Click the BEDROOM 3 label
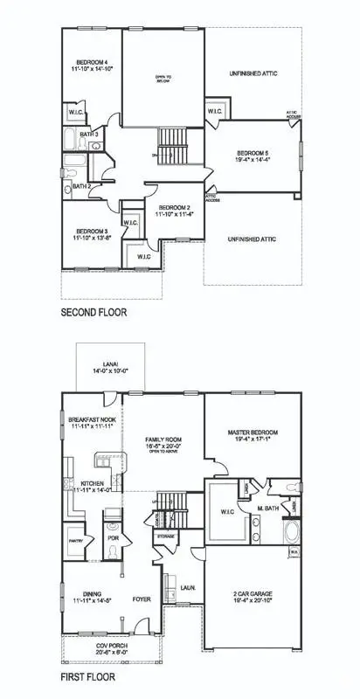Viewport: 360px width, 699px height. coord(89,230)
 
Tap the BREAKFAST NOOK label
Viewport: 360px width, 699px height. coord(91,420)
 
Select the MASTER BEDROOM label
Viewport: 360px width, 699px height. coord(253,433)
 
